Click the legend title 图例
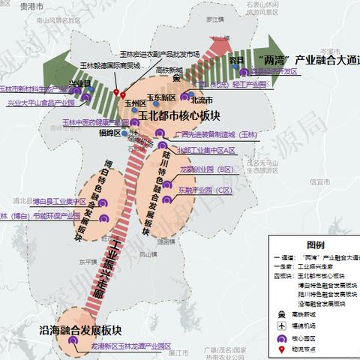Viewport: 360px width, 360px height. [315, 245]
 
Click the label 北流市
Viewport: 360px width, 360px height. [202, 100]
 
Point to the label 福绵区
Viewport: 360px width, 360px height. [109, 132]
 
